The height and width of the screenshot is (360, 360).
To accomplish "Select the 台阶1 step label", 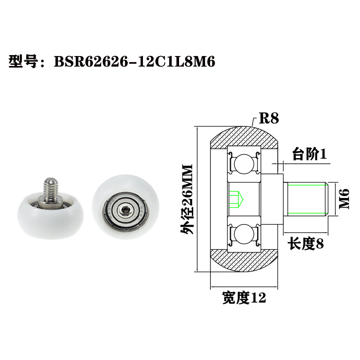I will [309, 154].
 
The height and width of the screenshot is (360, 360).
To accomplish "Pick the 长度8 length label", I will [305, 244].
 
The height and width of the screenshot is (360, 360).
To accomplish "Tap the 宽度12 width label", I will [244, 298].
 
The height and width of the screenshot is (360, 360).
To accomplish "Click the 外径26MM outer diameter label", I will [186, 199].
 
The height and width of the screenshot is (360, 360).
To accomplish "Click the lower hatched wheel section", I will [244, 264].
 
